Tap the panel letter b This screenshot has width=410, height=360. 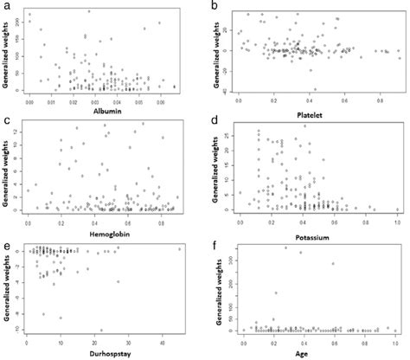click(x=215, y=7)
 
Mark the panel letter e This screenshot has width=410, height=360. click(x=5, y=247)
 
